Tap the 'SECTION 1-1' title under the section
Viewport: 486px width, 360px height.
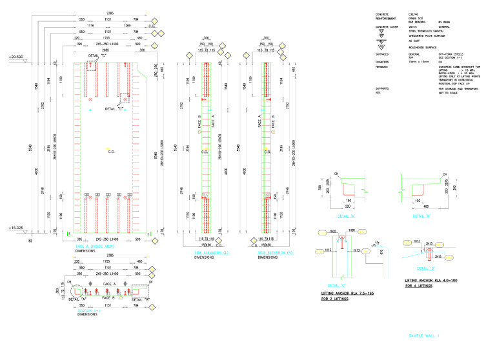[88, 310]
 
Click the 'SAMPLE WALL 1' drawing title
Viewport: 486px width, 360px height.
[423, 335]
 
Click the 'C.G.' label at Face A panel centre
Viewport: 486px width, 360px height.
[112, 152]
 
